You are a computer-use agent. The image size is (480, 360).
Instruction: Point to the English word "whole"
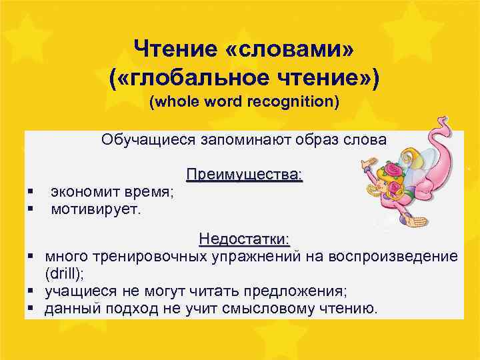pos(174,103)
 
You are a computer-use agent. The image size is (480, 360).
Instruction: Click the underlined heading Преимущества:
pos(244,175)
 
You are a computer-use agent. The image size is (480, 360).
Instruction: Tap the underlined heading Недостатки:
pos(244,239)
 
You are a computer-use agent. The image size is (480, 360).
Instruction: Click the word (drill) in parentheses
pos(64,273)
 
